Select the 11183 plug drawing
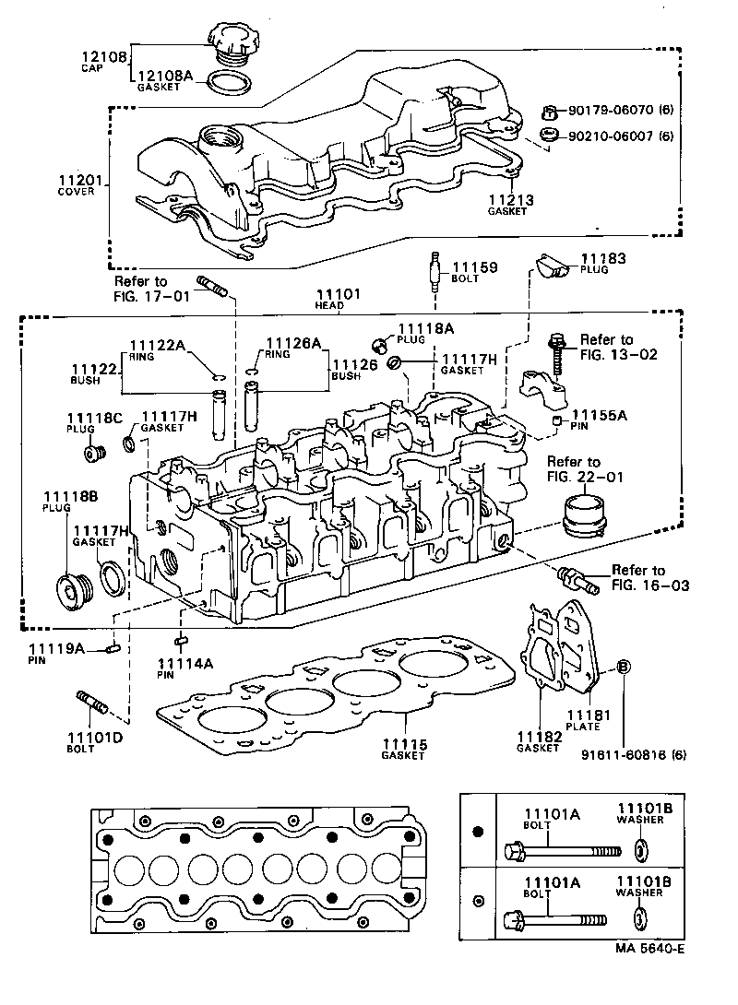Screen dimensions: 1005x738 [553, 266]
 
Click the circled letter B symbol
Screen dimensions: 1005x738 [624, 666]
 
